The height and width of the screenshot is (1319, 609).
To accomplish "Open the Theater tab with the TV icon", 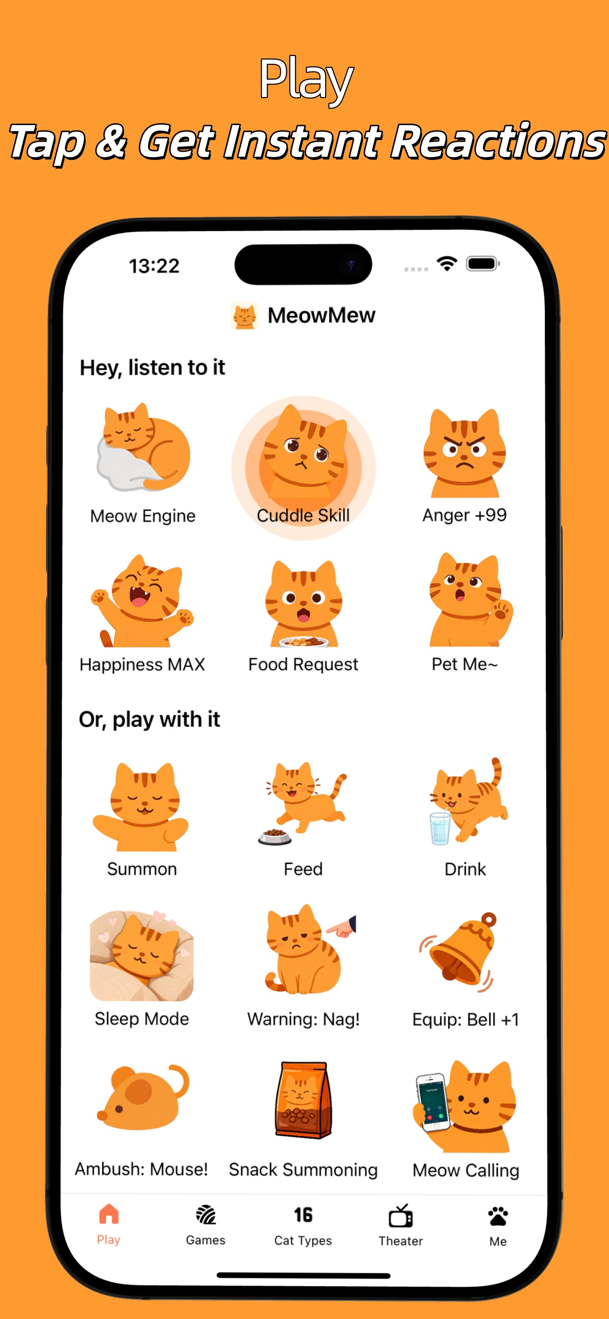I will (x=401, y=1226).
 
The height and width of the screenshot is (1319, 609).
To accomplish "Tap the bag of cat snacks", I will (x=303, y=1099).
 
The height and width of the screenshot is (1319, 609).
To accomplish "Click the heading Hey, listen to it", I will (x=152, y=368).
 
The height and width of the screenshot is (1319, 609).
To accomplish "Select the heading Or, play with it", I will (x=150, y=719).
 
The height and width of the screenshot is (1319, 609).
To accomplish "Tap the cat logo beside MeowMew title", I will (x=244, y=315).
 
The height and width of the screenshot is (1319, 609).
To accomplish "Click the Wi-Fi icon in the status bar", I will (x=447, y=264).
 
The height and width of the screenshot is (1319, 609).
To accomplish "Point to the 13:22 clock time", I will (x=154, y=266).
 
